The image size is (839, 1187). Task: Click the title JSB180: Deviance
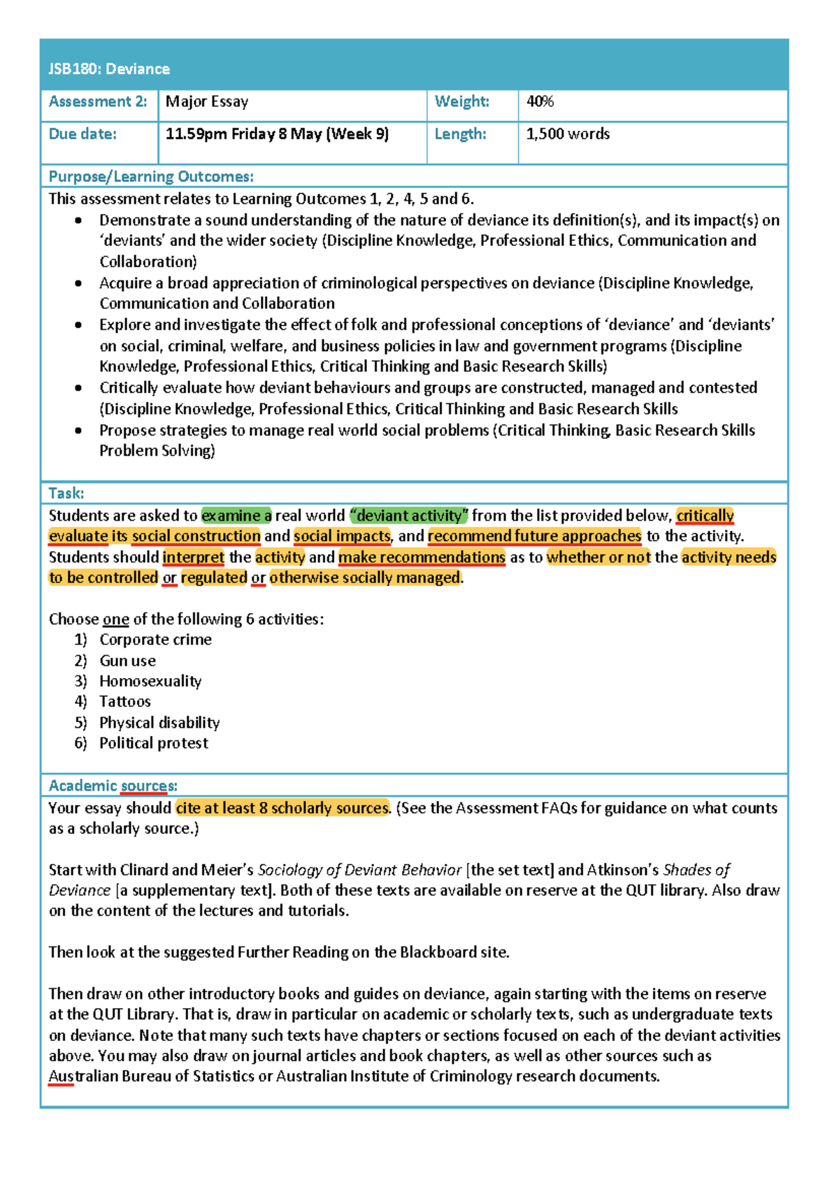click(x=109, y=69)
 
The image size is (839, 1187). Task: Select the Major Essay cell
click(x=207, y=102)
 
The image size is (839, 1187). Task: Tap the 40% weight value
click(x=540, y=102)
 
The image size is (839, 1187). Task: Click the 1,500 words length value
click(x=568, y=134)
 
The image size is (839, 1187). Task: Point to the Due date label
click(x=83, y=134)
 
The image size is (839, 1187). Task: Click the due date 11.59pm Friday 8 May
click(x=277, y=134)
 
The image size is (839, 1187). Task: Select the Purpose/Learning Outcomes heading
click(x=151, y=177)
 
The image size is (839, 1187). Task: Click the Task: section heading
click(x=66, y=494)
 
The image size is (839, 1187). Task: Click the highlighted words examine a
click(x=236, y=516)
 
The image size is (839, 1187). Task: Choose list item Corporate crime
click(x=155, y=640)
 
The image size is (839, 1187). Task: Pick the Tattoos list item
click(x=125, y=702)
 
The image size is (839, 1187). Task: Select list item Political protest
click(x=154, y=743)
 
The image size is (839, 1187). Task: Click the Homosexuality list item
click(x=150, y=682)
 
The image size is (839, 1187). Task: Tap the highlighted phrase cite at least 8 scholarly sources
click(x=282, y=808)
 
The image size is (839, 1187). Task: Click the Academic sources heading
click(x=113, y=786)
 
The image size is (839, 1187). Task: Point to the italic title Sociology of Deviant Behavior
click(x=359, y=870)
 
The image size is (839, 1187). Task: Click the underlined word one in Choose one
click(x=116, y=619)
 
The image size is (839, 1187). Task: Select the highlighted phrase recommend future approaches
click(x=534, y=536)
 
